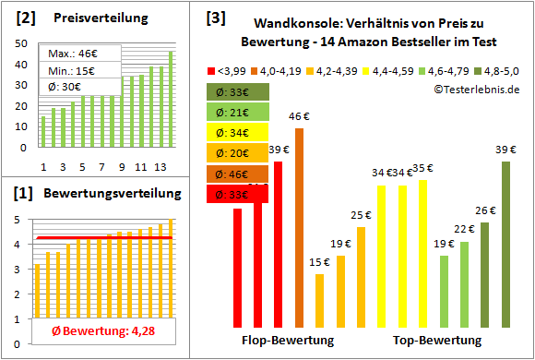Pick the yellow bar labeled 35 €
[x=422, y=254]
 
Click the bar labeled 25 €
[x=361, y=277]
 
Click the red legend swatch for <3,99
[x=212, y=69]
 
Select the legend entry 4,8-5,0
[x=497, y=69]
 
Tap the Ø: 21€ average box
[x=238, y=112]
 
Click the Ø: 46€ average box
[x=238, y=174]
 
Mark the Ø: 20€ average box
[x=238, y=153]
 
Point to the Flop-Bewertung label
[x=287, y=341]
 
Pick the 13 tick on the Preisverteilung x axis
[x=160, y=167]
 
